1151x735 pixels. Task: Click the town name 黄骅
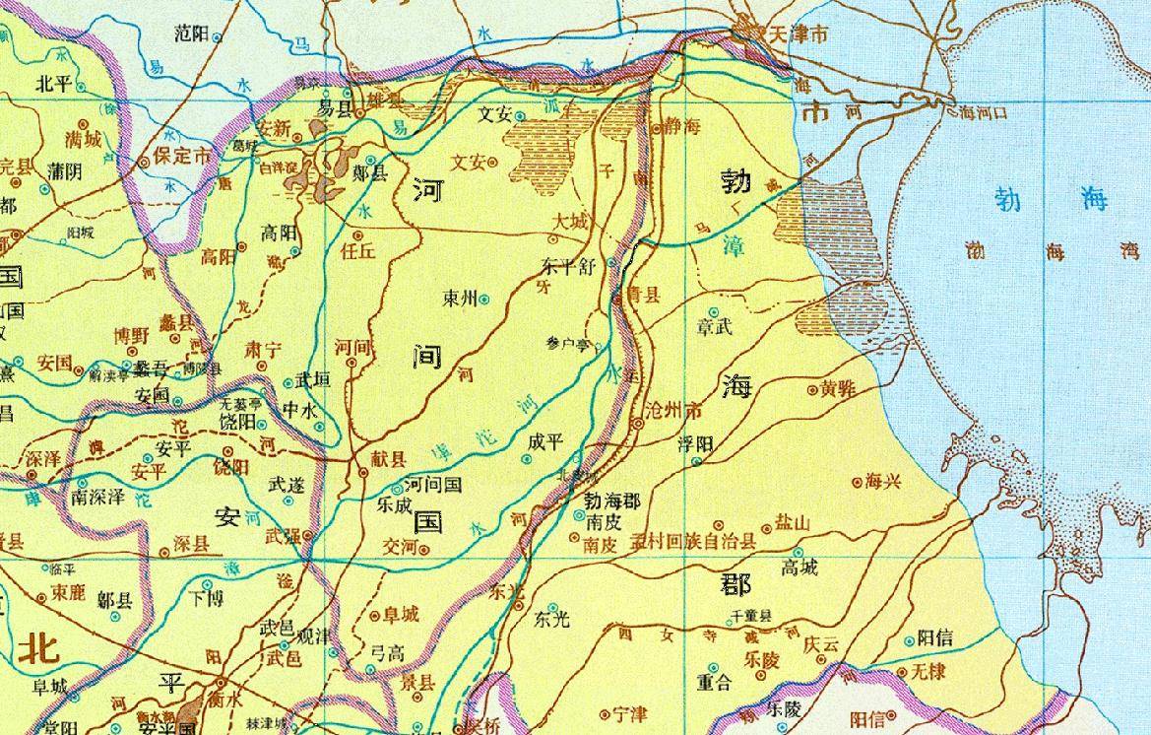[x=839, y=389]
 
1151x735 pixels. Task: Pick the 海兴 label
[x=883, y=482]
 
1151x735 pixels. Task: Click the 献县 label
[x=386, y=460]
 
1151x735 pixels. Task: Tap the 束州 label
[x=460, y=298]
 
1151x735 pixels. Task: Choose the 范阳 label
[x=191, y=34]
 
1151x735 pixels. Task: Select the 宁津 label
[x=629, y=713]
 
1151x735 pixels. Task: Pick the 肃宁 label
[x=262, y=349]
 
